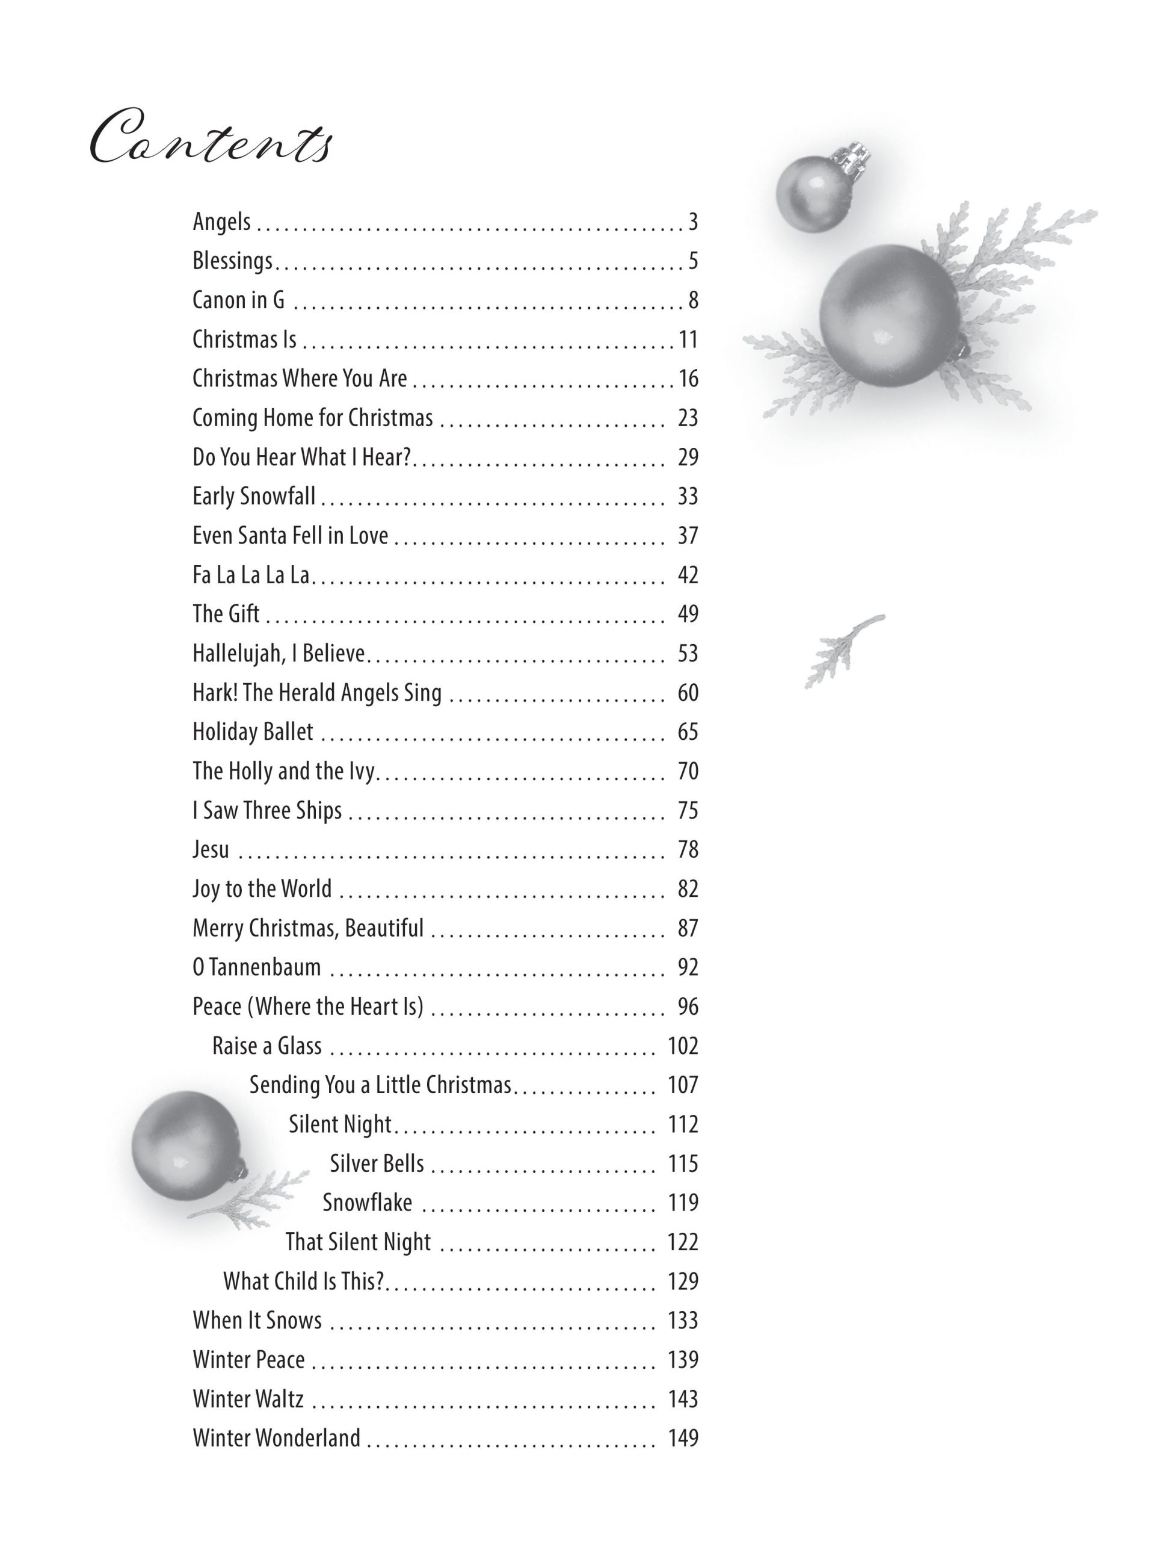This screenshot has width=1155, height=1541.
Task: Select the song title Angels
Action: coord(221,222)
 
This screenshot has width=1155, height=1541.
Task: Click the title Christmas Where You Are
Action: coord(300,378)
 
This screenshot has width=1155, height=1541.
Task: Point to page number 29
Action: coord(687,457)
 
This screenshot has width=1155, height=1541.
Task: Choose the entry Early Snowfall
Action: coord(254,496)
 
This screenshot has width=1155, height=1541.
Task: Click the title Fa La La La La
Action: coord(251,575)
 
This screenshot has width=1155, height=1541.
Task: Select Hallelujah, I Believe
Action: coord(279,654)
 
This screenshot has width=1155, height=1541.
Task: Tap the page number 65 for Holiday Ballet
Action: coord(687,731)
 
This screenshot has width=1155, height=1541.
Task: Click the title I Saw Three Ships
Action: coord(267,810)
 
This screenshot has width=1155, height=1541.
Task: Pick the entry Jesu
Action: coord(211,849)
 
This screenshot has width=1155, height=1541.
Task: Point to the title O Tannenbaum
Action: coord(256,967)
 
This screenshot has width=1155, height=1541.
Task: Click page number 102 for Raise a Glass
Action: coord(682,1046)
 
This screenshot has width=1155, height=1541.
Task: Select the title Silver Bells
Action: coord(377,1164)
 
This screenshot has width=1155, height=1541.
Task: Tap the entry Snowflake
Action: coord(367,1203)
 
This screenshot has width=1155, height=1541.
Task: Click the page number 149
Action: coord(682,1438)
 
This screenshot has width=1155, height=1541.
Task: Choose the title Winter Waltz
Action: coord(248,1399)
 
